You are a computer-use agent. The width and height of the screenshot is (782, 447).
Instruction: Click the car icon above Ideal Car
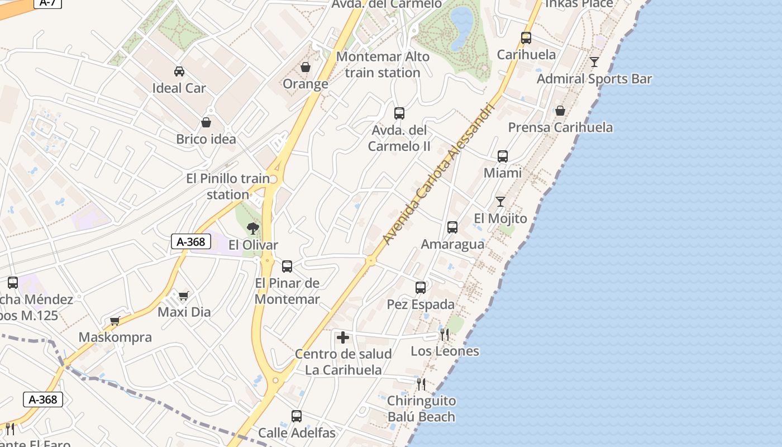[179, 72]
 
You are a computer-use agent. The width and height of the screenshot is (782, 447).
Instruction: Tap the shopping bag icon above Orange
[306, 68]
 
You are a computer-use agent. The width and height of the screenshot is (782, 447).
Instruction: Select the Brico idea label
[206, 139]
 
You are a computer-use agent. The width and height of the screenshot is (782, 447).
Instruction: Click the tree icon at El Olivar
[253, 228]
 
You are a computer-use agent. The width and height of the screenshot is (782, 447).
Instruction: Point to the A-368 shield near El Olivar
[191, 242]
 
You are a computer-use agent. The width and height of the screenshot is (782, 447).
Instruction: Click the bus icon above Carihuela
[526, 38]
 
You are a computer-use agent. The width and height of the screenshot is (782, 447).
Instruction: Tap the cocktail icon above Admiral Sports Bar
[594, 62]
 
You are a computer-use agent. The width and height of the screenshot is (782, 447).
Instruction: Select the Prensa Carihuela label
[560, 127]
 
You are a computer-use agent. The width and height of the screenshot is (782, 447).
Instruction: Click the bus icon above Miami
[503, 156]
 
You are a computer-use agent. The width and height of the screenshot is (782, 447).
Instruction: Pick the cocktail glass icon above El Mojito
[500, 202]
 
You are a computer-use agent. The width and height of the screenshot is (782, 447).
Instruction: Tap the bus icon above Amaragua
[452, 227]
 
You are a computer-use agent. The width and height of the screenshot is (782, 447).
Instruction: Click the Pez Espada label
[421, 305]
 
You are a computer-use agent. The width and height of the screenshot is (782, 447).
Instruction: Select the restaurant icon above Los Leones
[445, 335]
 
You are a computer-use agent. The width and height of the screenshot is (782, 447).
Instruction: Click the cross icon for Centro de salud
[343, 337]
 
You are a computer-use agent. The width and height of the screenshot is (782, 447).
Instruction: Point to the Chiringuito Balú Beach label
[422, 408]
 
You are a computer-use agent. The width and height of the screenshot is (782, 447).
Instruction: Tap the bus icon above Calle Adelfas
[297, 416]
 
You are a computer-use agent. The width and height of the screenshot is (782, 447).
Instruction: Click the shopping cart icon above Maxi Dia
[184, 296]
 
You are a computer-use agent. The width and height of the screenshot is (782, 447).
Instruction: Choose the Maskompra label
[115, 337]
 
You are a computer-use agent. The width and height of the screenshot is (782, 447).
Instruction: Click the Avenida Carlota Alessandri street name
[439, 173]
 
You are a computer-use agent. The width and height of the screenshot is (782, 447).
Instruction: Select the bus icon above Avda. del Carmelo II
[399, 113]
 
